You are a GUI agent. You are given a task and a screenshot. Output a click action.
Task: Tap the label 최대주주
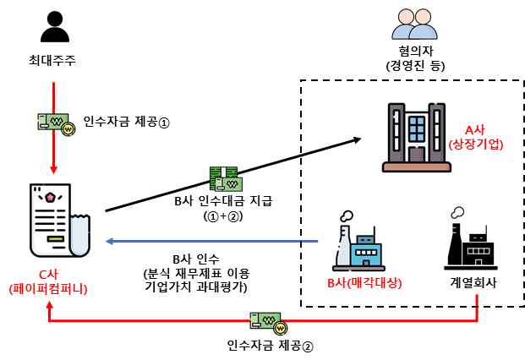[53, 60]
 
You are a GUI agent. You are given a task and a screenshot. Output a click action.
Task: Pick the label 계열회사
[473, 282]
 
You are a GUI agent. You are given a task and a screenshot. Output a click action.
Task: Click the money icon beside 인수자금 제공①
[54, 123]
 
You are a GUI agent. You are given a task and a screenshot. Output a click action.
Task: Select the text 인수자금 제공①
[127, 122]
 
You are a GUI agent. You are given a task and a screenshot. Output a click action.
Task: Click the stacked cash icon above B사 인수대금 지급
[226, 178]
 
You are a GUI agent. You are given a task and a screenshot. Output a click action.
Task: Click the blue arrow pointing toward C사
[211, 242]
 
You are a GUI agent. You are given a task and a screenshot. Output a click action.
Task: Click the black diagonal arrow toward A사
[228, 173]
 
